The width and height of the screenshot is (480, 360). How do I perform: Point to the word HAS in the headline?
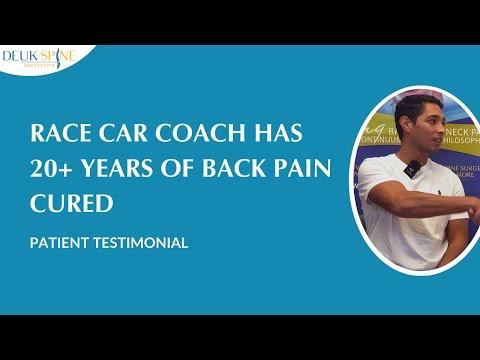coord(238,138)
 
